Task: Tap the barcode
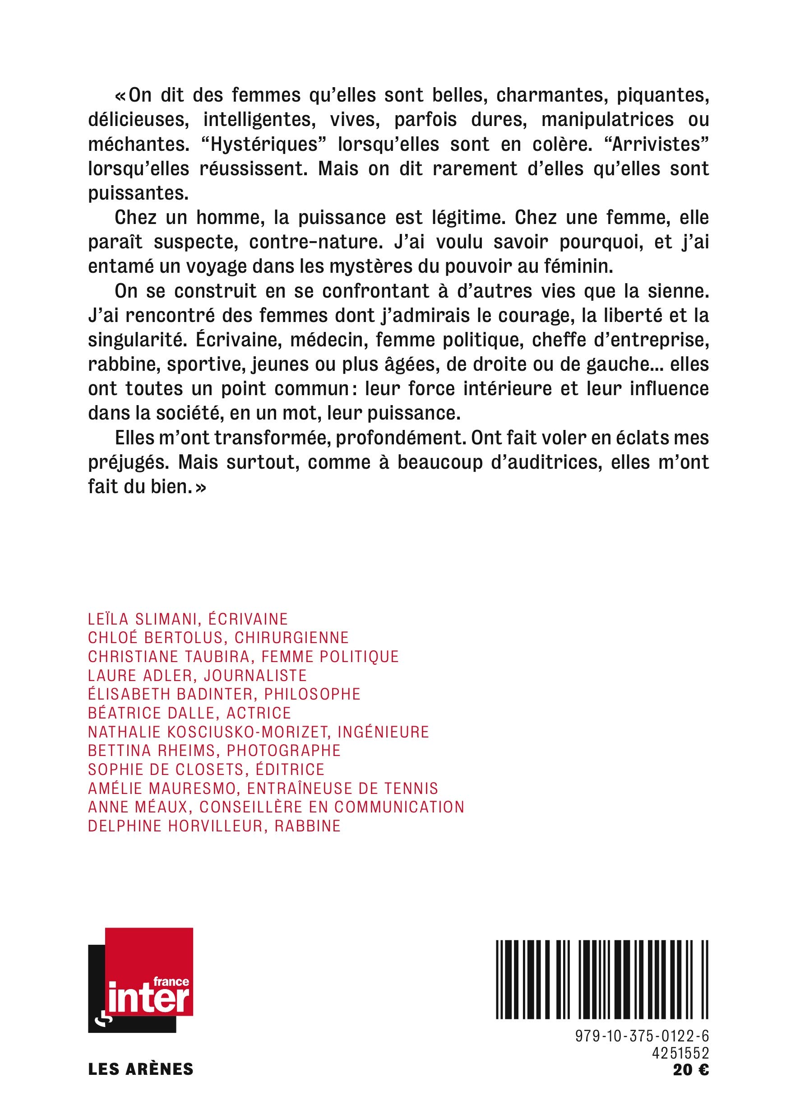pyautogui.click(x=602, y=980)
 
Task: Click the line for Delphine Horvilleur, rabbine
pyautogui.click(x=214, y=826)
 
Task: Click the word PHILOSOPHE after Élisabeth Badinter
pyautogui.click(x=312, y=694)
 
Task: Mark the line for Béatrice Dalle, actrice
pyautogui.click(x=190, y=713)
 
